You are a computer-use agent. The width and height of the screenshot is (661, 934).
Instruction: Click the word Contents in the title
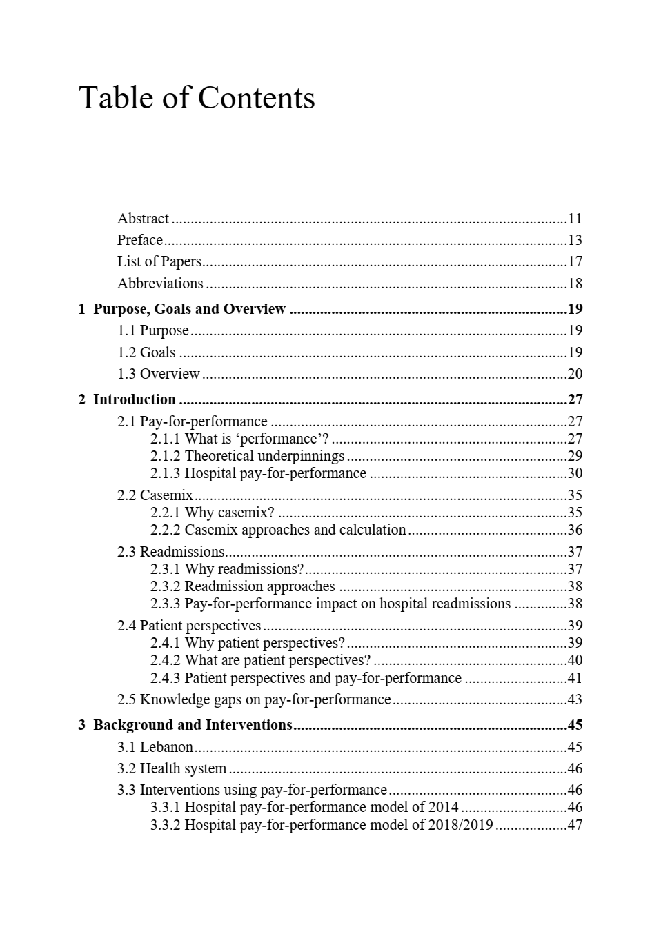256,98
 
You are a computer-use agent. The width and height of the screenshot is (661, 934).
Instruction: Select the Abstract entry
143,219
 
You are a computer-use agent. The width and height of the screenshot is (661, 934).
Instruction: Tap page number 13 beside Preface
575,240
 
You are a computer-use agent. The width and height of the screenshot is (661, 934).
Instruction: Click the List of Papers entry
159,261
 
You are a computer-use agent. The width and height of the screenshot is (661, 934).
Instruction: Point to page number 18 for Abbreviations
575,284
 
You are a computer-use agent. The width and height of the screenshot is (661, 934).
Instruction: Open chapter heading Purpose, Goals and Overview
189,309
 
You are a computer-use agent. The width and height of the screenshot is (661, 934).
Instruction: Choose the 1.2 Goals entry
146,352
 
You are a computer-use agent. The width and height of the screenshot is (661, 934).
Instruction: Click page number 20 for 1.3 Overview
575,374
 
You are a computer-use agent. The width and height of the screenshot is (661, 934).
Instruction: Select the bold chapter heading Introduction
134,399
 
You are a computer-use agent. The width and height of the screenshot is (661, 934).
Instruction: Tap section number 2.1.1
166,439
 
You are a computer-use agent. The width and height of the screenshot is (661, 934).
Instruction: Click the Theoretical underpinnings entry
264,456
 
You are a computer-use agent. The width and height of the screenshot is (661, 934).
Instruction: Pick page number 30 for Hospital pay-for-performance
575,473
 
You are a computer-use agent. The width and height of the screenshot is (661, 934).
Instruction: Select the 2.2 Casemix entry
155,495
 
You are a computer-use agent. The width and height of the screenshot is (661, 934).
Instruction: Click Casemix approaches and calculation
295,530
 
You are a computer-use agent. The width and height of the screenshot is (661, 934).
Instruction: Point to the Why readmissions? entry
244,569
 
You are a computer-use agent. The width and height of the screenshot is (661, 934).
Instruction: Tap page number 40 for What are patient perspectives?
575,660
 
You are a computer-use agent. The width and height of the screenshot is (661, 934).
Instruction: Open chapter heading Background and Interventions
193,725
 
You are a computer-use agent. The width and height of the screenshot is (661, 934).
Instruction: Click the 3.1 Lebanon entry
155,747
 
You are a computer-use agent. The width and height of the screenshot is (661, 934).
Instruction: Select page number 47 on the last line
575,825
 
